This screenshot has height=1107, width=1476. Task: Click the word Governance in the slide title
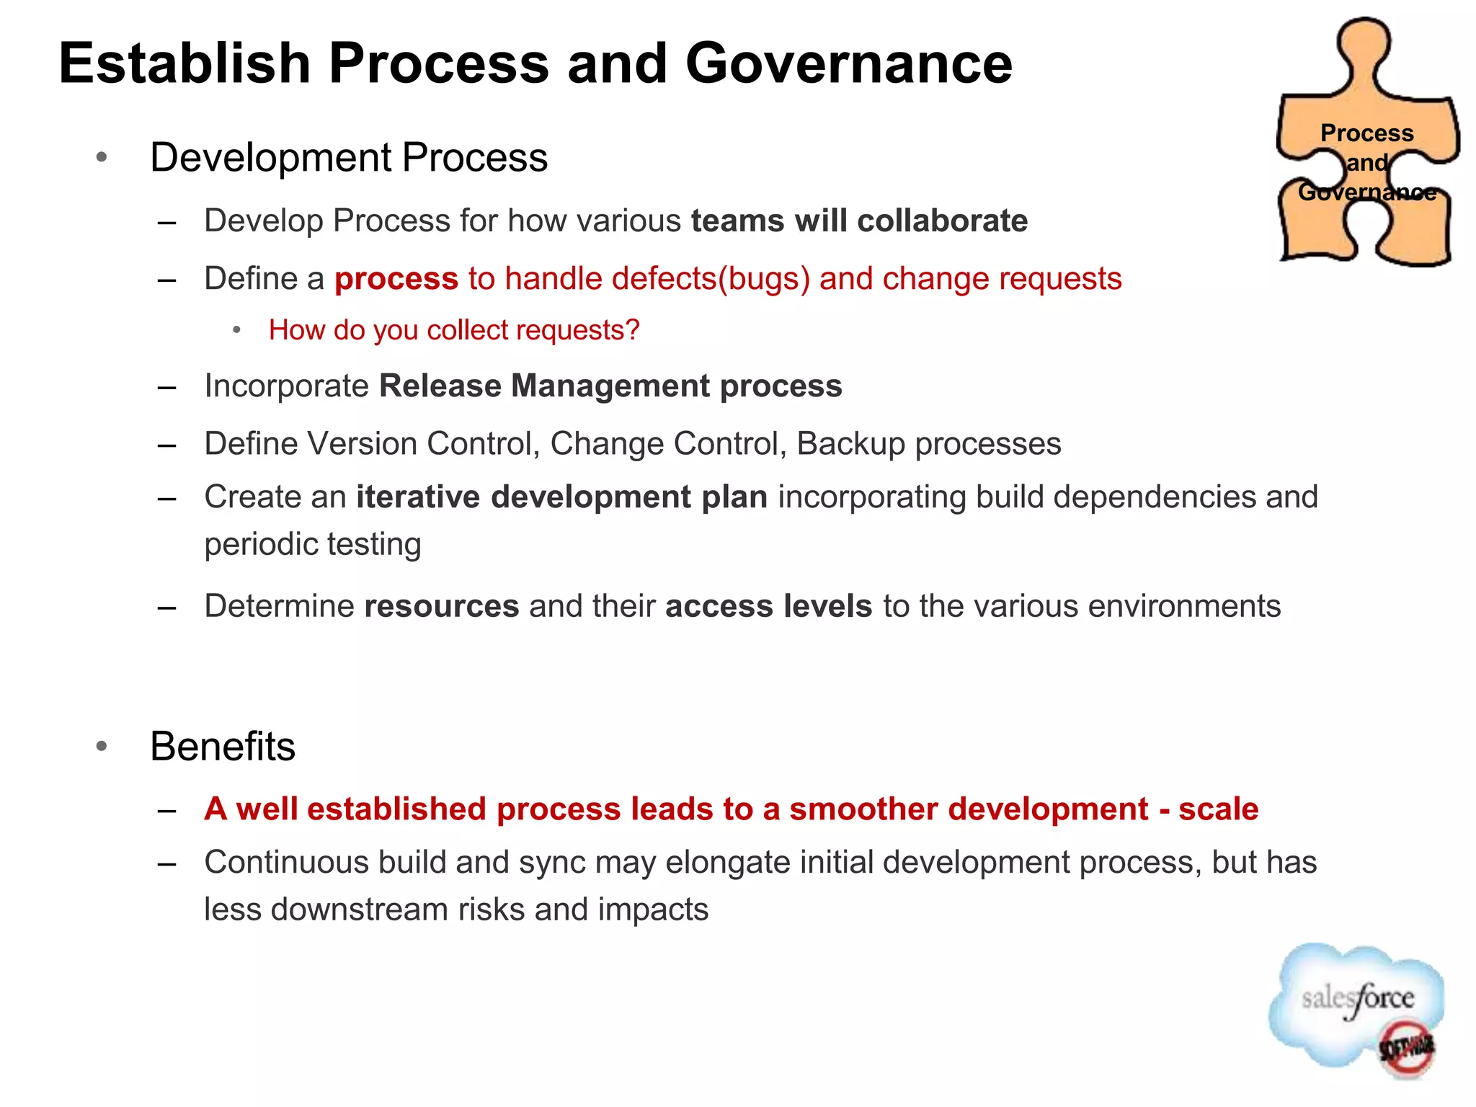[848, 63]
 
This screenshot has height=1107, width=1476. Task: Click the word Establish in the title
[184, 63]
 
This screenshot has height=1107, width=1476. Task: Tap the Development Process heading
[349, 157]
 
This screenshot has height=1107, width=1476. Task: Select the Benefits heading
[223, 746]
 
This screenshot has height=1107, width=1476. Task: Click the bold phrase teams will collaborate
[859, 221]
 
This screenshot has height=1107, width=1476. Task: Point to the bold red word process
[396, 279]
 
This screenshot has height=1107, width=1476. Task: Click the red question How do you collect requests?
[454, 330]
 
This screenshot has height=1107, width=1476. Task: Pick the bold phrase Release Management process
[610, 386]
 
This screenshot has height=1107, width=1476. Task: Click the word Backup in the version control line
[850, 443]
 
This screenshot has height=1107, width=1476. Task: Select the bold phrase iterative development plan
[562, 497]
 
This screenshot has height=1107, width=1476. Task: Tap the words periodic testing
[313, 544]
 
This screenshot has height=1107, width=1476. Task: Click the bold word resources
[442, 606]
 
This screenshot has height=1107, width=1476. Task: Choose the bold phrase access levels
[769, 606]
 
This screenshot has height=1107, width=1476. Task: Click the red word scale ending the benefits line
[1218, 809]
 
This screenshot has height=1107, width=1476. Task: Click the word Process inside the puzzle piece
[1366, 133]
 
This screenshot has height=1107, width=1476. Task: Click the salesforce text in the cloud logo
[1358, 999]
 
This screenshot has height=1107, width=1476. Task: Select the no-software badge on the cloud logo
[1406, 1048]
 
